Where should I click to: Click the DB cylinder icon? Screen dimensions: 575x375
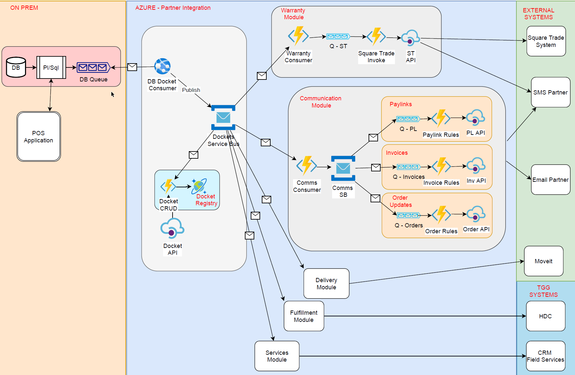16,67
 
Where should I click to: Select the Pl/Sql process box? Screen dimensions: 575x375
51,67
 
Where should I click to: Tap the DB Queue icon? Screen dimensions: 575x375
93,67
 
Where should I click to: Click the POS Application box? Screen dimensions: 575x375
39,137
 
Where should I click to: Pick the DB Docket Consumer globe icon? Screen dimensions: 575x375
162,66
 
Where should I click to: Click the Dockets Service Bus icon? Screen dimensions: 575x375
223,117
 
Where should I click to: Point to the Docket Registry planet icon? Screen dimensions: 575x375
199,186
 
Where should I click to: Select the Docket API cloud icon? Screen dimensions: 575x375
172,228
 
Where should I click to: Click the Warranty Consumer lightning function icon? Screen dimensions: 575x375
298,36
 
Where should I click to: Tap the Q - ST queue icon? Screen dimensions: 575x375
338,36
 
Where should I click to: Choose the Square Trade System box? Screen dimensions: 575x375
546,41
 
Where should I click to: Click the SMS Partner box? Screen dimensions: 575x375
551,92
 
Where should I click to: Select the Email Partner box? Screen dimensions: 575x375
551,180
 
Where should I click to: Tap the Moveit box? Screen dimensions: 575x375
544,261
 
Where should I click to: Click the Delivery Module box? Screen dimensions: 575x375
326,283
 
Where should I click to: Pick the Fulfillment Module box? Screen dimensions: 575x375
304,316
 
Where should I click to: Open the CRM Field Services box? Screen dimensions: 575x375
546,356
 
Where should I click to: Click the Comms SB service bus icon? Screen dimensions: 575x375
343,168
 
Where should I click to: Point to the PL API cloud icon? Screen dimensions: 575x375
475,118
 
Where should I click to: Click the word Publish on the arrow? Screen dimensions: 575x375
191,90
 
